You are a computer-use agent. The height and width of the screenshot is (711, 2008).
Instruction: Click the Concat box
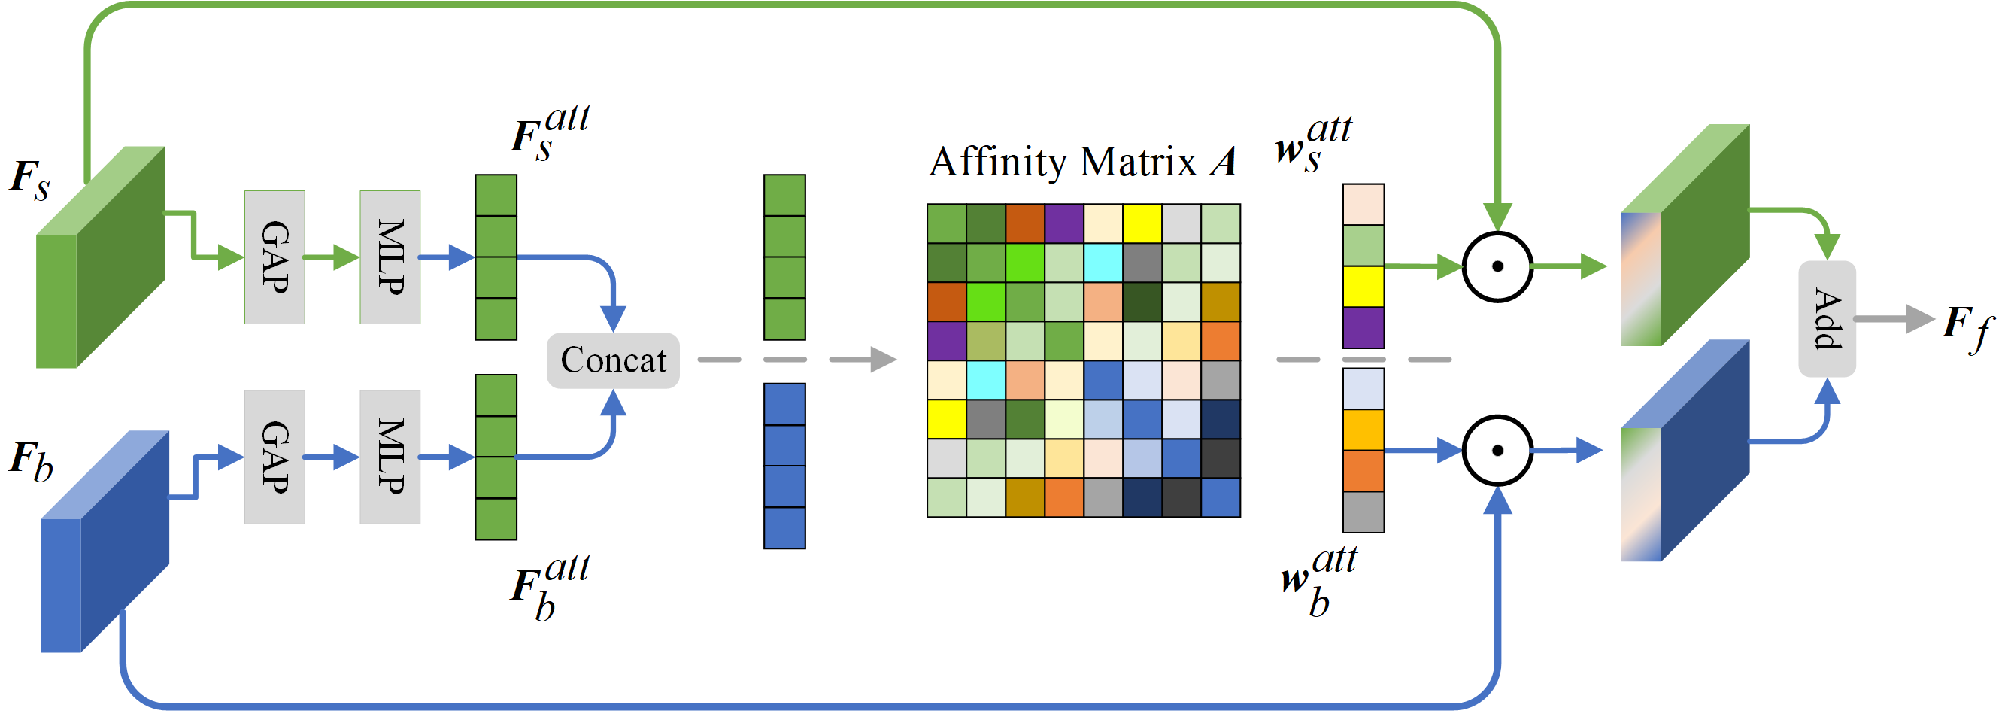[x=613, y=360]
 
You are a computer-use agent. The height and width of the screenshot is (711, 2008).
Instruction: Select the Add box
[x=1826, y=319]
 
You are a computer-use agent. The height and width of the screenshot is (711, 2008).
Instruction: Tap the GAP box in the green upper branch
[x=275, y=257]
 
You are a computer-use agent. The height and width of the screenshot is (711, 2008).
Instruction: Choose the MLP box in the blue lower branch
[x=390, y=457]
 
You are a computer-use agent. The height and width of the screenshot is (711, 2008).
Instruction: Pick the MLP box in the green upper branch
[x=390, y=257]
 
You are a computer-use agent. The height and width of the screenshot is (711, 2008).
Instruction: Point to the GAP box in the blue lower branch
[x=275, y=457]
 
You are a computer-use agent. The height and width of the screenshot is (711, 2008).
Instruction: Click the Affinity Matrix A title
[x=1082, y=163]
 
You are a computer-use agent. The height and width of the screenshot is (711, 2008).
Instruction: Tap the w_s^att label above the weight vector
[x=1313, y=144]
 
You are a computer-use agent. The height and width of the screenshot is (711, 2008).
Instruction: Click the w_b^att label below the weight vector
[x=1318, y=580]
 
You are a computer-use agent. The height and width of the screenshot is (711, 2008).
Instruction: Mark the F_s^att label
[x=551, y=132]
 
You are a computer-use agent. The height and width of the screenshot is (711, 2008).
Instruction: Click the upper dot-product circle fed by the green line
[x=1497, y=266]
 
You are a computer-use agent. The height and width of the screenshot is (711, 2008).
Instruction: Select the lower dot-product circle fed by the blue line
[x=1497, y=451]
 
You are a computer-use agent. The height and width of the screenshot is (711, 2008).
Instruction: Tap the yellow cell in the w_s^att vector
[x=1363, y=286]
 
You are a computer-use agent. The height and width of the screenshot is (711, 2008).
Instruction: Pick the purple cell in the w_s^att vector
[x=1363, y=327]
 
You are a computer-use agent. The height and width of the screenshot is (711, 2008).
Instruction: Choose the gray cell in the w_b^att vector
[x=1363, y=512]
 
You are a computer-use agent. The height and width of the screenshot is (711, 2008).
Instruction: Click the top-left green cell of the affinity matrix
[x=946, y=223]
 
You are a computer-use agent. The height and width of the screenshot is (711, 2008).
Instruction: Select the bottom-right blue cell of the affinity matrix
[x=1220, y=497]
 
